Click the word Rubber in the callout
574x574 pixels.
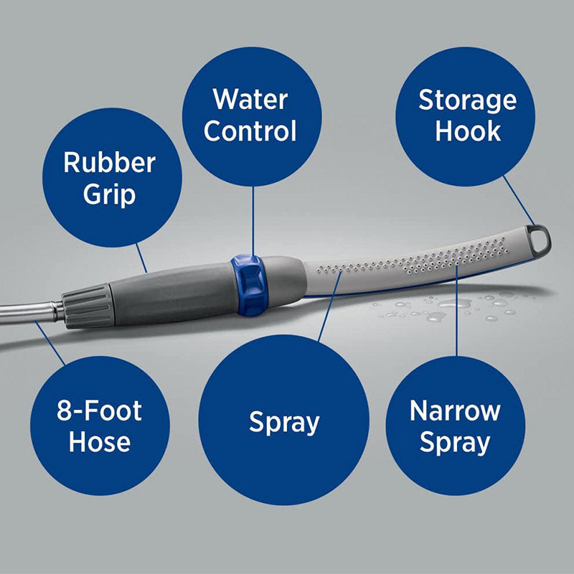(x=109, y=162)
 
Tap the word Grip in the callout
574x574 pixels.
(x=109, y=194)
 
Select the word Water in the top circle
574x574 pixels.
(x=251, y=99)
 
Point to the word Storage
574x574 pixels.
(x=467, y=100)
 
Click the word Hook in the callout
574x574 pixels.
(x=468, y=131)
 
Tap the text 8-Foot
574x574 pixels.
(x=100, y=411)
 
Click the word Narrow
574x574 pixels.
(x=455, y=411)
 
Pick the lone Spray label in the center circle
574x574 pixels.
(x=283, y=422)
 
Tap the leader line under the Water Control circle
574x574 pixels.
(x=253, y=219)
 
